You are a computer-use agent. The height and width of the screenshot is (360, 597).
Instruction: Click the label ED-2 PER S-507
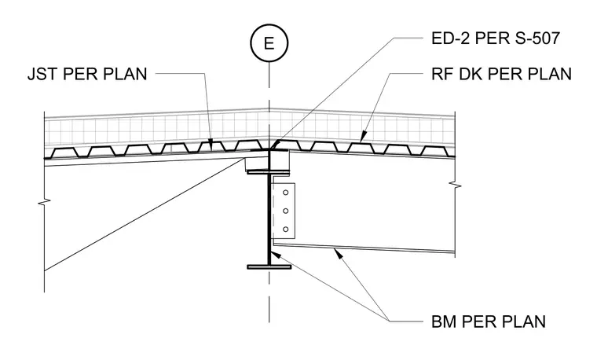[x=496, y=38]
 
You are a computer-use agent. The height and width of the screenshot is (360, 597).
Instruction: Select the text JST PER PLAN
[x=87, y=74]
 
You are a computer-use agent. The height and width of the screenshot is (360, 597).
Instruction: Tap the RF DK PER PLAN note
[x=501, y=74]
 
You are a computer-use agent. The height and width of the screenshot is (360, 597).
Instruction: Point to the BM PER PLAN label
[x=489, y=322]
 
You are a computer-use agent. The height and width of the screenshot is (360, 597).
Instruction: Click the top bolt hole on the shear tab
[x=285, y=193]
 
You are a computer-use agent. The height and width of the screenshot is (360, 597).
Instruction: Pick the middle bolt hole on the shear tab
[x=285, y=211]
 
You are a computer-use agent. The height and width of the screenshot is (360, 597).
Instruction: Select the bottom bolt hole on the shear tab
[x=285, y=230]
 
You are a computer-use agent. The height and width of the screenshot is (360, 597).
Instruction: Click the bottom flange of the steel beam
[x=269, y=266]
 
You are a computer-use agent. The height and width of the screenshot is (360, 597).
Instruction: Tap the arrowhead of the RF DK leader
[x=363, y=137]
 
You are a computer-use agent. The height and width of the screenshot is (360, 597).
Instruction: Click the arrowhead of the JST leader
[x=211, y=144]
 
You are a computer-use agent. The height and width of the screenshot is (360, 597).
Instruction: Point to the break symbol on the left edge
[x=45, y=201]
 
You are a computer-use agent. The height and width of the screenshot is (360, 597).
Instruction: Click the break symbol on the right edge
[x=455, y=186]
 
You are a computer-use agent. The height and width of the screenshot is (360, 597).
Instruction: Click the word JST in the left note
[x=42, y=74]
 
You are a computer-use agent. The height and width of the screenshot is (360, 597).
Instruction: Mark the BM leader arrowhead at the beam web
[x=276, y=254]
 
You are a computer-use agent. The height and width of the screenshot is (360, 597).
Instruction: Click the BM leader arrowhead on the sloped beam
[x=339, y=253]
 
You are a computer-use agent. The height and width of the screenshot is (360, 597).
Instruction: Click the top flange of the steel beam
[x=269, y=172]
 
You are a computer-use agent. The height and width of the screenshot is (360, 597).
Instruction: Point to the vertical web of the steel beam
[x=269, y=219]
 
